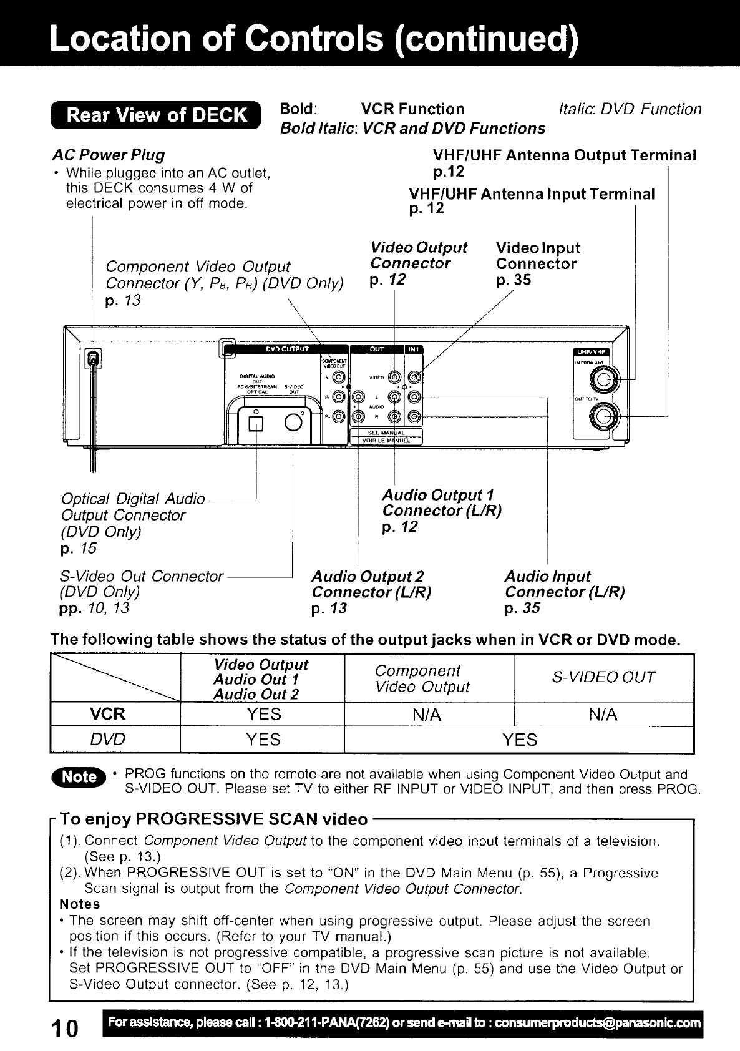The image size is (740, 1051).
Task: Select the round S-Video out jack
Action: (293, 424)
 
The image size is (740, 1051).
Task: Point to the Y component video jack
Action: (338, 377)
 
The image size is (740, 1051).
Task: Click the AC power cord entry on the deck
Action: (93, 358)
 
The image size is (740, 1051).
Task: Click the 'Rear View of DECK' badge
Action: (157, 116)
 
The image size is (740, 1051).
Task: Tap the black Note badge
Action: (80, 777)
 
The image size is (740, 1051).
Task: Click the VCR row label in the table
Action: (109, 714)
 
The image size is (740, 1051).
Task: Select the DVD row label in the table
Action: (107, 740)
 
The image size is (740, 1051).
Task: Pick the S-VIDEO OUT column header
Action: (603, 677)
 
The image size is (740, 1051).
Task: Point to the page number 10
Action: (64, 1027)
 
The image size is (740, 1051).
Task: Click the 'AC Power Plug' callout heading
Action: (109, 155)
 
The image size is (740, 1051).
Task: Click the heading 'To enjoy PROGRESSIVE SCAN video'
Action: (213, 819)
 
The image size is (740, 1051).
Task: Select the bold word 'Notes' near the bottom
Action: (80, 904)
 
